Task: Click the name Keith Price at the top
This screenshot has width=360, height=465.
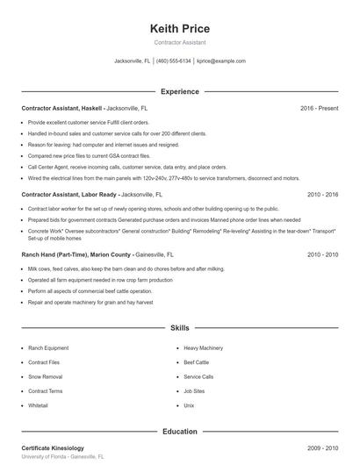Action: coord(180,28)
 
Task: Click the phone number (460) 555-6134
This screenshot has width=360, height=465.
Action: coord(173,61)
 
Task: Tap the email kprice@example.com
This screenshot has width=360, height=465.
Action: coord(220,61)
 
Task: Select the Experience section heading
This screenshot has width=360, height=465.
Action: coord(180,91)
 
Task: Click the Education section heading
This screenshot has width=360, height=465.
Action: coord(180,432)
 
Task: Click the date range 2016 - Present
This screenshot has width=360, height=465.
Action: coord(319,108)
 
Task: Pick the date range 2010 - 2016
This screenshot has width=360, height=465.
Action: coord(322,194)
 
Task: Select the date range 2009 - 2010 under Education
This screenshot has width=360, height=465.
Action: coord(322,448)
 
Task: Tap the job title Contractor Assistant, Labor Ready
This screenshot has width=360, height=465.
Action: coord(68,194)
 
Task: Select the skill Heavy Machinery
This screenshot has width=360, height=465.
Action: coord(203,348)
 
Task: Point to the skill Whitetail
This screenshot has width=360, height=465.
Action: coord(38,405)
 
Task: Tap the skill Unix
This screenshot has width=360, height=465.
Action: coord(189,405)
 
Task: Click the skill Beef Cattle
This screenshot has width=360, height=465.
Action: coord(197,362)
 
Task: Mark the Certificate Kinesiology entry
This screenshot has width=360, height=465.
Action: coord(53,448)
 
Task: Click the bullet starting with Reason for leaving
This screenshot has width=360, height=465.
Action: coord(104,144)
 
